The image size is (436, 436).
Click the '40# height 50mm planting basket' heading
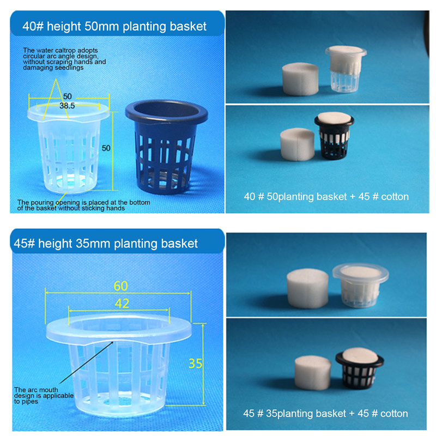click(114, 26)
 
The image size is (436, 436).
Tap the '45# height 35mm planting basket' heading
click(106, 244)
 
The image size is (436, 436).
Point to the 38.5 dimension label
click(67, 106)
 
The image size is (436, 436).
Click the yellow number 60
click(120, 286)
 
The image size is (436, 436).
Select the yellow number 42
click(122, 304)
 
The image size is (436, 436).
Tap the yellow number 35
click(195, 364)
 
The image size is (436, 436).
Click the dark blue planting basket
click(166, 147)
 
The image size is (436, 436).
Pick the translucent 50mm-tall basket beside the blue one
click(69, 148)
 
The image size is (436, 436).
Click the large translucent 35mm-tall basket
click(119, 364)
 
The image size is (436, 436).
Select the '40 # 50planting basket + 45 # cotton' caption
click(326, 197)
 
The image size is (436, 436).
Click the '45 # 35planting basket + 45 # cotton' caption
click(325, 414)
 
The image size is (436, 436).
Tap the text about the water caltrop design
click(64, 59)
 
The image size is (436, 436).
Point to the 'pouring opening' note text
click(83, 205)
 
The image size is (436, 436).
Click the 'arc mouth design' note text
click(44, 396)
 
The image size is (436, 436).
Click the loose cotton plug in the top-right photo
click(300, 79)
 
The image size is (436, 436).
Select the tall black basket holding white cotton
click(334, 136)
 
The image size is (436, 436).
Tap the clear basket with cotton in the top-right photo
click(346, 69)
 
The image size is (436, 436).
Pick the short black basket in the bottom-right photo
click(360, 368)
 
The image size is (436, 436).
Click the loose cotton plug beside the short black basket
click(313, 373)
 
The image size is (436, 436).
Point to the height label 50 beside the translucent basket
click(106, 148)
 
